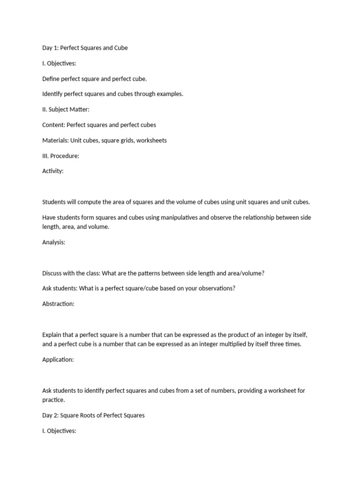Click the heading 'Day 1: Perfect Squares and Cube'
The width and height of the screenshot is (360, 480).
(x=85, y=48)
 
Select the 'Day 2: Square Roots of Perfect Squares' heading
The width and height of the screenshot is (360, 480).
(x=93, y=415)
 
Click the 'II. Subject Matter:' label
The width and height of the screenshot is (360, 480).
(x=66, y=110)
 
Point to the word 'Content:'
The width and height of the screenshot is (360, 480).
(x=53, y=125)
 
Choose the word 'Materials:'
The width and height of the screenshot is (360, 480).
(x=55, y=141)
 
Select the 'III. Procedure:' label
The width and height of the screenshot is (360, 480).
(x=60, y=156)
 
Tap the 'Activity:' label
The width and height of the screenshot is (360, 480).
(x=52, y=172)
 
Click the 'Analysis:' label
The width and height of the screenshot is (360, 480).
(x=53, y=243)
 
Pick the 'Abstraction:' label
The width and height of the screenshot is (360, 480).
(x=58, y=304)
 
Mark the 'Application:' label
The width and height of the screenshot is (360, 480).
(x=58, y=360)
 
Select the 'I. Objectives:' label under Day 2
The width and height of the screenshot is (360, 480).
(x=59, y=431)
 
